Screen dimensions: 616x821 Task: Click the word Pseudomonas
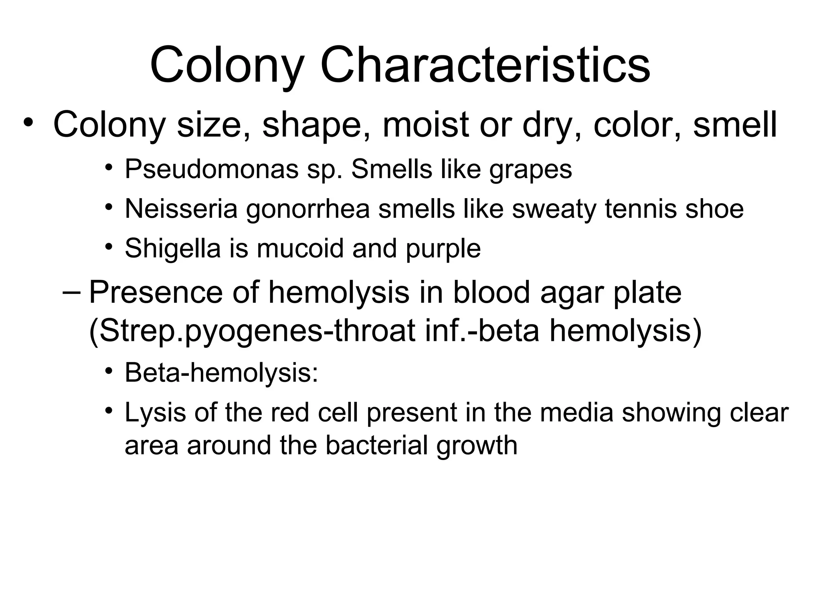click(x=211, y=169)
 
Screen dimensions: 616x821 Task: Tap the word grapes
click(x=530, y=170)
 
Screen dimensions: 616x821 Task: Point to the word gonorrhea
click(x=308, y=209)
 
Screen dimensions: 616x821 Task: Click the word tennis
click(x=641, y=209)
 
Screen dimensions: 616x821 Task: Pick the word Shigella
click(x=173, y=248)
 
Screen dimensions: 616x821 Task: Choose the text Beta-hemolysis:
click(x=221, y=373)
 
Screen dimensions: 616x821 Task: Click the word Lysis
click(x=156, y=413)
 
